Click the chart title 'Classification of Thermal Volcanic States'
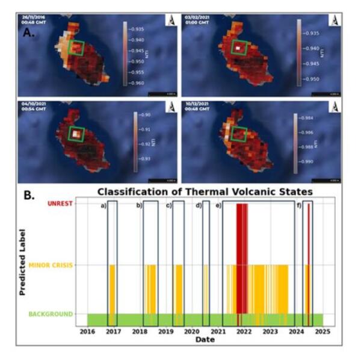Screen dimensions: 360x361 point(205,192)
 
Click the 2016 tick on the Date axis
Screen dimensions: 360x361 point(88,331)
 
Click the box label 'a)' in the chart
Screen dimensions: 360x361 point(103,206)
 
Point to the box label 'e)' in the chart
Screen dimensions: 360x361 point(218,206)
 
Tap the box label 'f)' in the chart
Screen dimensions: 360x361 point(299,206)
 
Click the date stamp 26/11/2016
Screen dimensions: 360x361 point(34,19)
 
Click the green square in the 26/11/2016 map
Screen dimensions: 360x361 point(76,48)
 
